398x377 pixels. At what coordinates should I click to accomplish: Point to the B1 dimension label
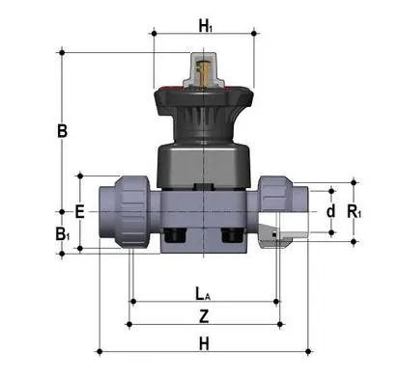63,233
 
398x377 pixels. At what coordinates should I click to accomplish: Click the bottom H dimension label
203,341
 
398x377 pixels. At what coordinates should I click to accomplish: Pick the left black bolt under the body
176,235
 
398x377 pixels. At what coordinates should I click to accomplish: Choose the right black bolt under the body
231,235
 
